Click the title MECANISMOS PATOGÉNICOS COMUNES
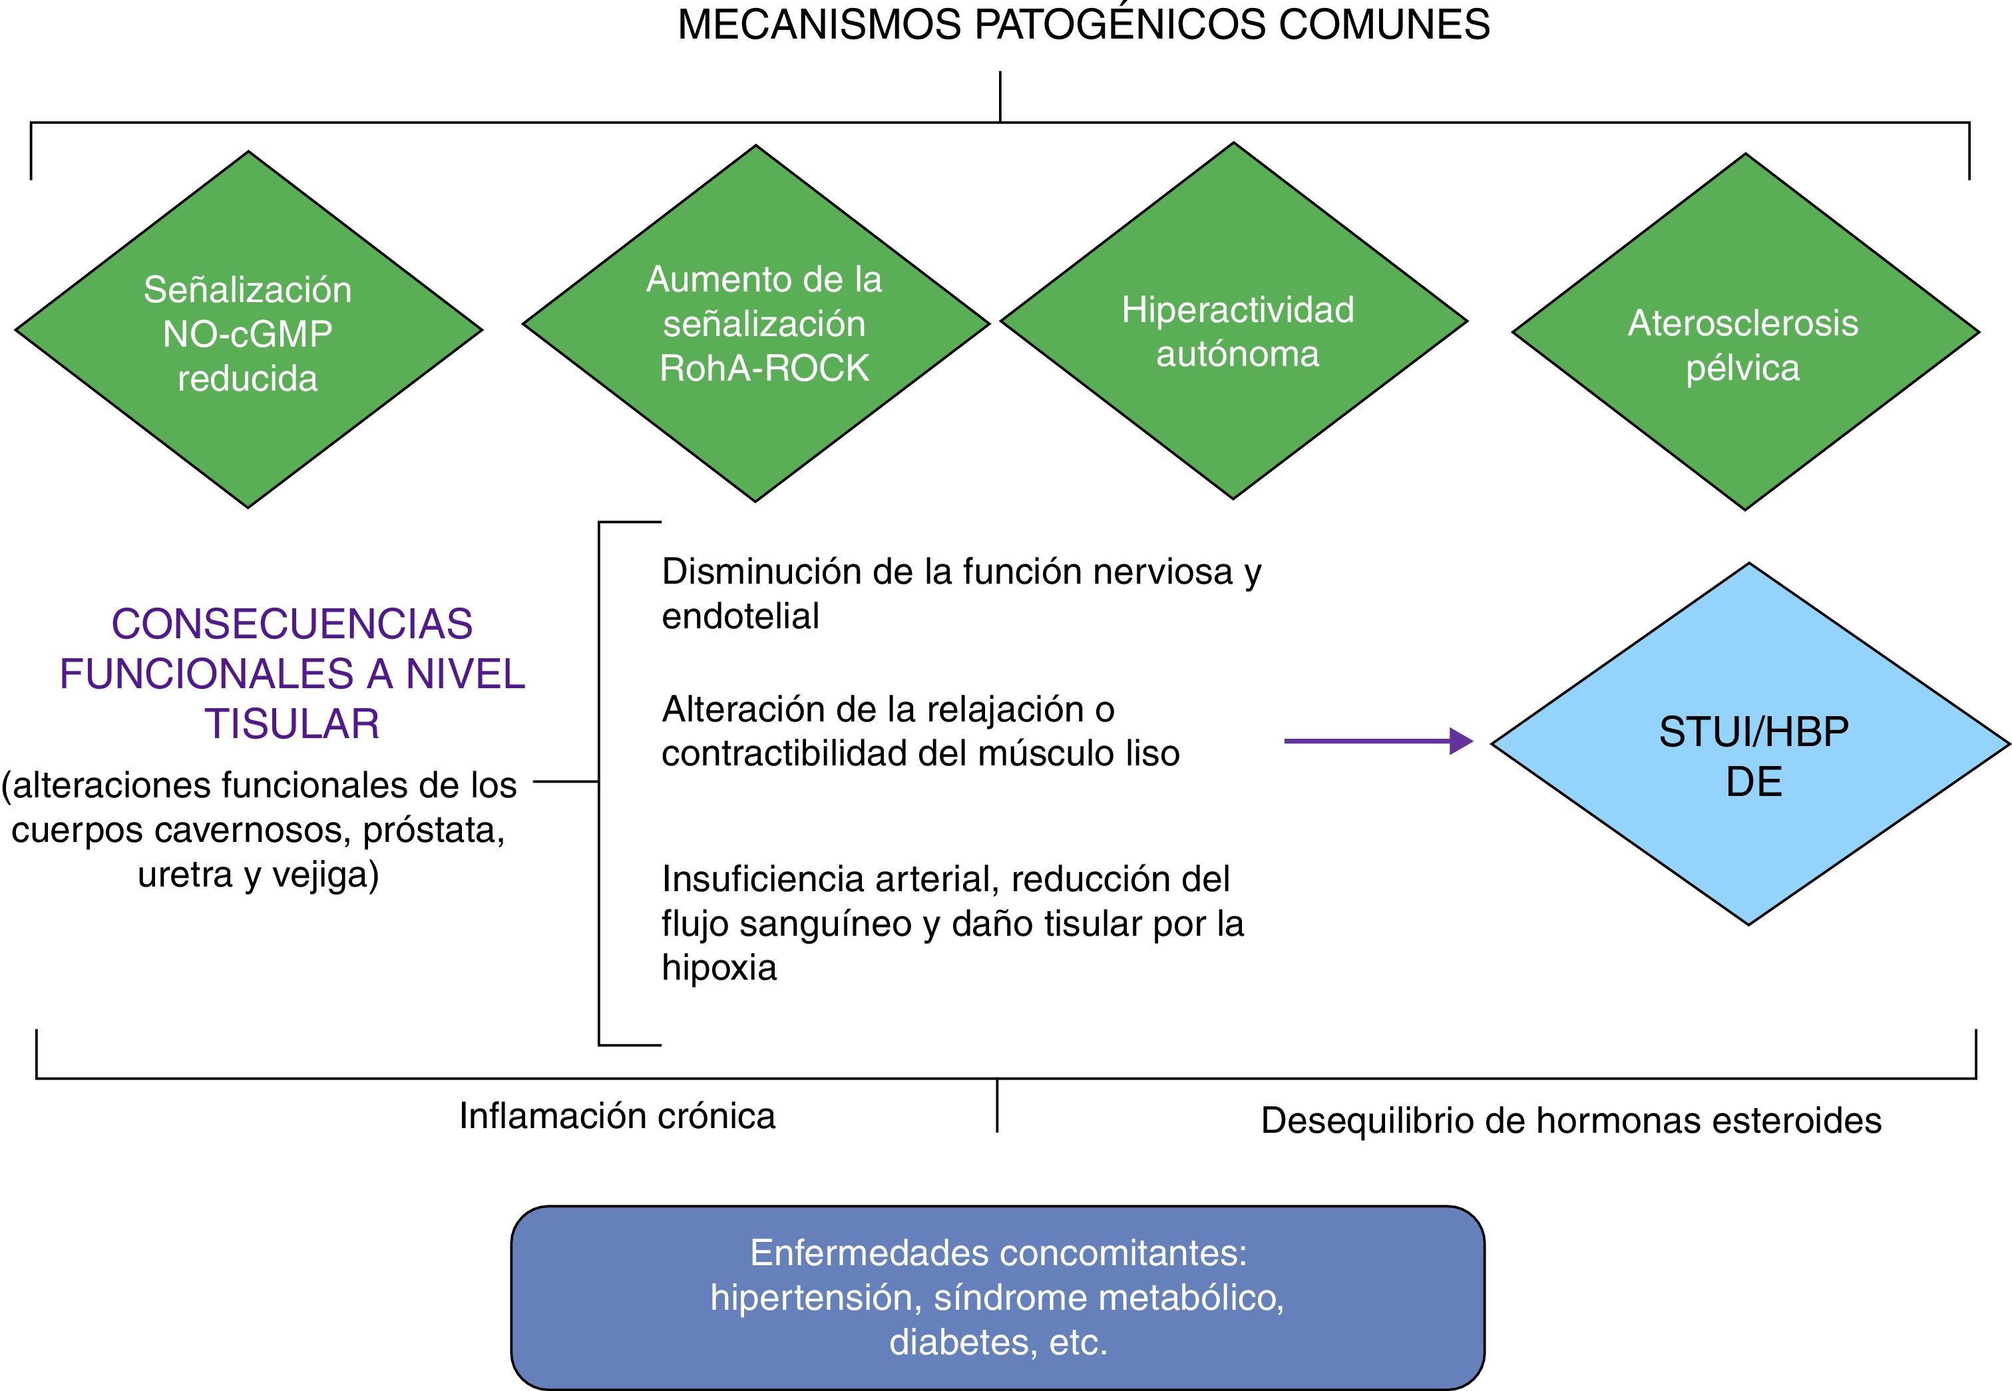1083,25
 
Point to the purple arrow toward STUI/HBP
1377,741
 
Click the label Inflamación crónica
617,1117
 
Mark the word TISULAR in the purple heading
292,724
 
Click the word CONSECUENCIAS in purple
292,624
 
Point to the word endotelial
741,616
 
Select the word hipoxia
719,968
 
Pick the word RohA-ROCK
764,368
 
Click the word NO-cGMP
248,334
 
